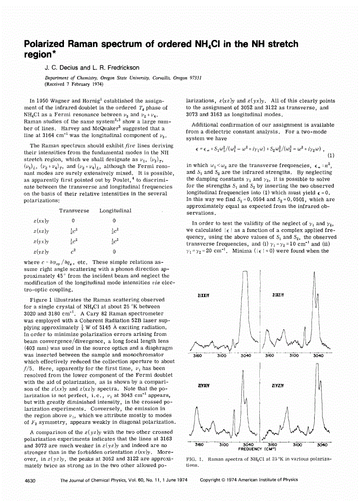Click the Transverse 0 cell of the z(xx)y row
click(73, 221)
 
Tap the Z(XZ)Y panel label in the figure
click(278, 295)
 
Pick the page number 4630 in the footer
click(30, 480)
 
